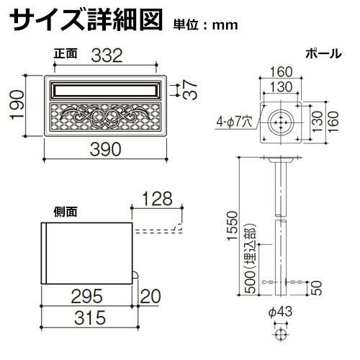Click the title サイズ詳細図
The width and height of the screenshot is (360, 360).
(86, 20)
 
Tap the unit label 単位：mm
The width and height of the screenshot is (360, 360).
(206, 25)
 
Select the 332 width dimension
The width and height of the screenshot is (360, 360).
(107, 55)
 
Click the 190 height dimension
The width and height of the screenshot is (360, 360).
(17, 105)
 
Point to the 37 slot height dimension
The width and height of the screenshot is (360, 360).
(190, 90)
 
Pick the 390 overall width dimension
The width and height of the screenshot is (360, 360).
(106, 149)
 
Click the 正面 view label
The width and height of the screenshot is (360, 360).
(66, 53)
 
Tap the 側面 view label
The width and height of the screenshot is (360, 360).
(66, 212)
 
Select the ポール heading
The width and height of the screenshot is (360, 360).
(323, 53)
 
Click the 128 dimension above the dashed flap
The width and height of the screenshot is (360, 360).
(158, 199)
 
